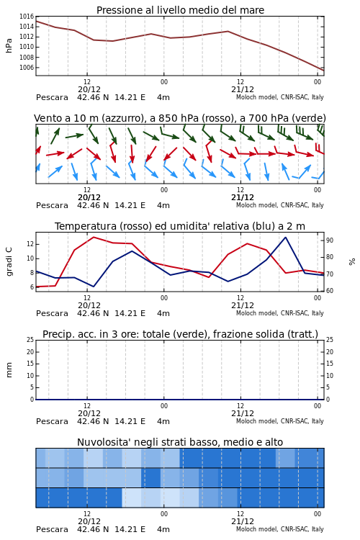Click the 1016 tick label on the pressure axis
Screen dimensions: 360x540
(x=27, y=16)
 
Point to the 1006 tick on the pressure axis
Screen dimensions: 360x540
(x=27, y=68)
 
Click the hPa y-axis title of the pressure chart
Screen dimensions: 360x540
(x=9, y=45)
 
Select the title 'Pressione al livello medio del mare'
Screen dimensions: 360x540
(x=180, y=10)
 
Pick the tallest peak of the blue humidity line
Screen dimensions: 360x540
(x=285, y=238)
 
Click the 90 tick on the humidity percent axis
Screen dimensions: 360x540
(x=330, y=240)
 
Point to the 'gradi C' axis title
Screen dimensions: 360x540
(x=9, y=261)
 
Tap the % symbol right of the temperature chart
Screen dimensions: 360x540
(x=352, y=262)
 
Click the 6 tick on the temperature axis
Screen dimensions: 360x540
(x=32, y=287)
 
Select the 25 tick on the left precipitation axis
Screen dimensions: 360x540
(x=30, y=340)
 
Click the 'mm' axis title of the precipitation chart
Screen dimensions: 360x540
(x=9, y=370)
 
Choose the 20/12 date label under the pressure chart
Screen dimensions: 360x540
(x=89, y=89)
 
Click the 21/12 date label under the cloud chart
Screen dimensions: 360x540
(x=243, y=521)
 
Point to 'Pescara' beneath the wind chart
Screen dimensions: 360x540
(x=52, y=206)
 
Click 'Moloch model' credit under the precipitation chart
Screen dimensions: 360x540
(x=256, y=421)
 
